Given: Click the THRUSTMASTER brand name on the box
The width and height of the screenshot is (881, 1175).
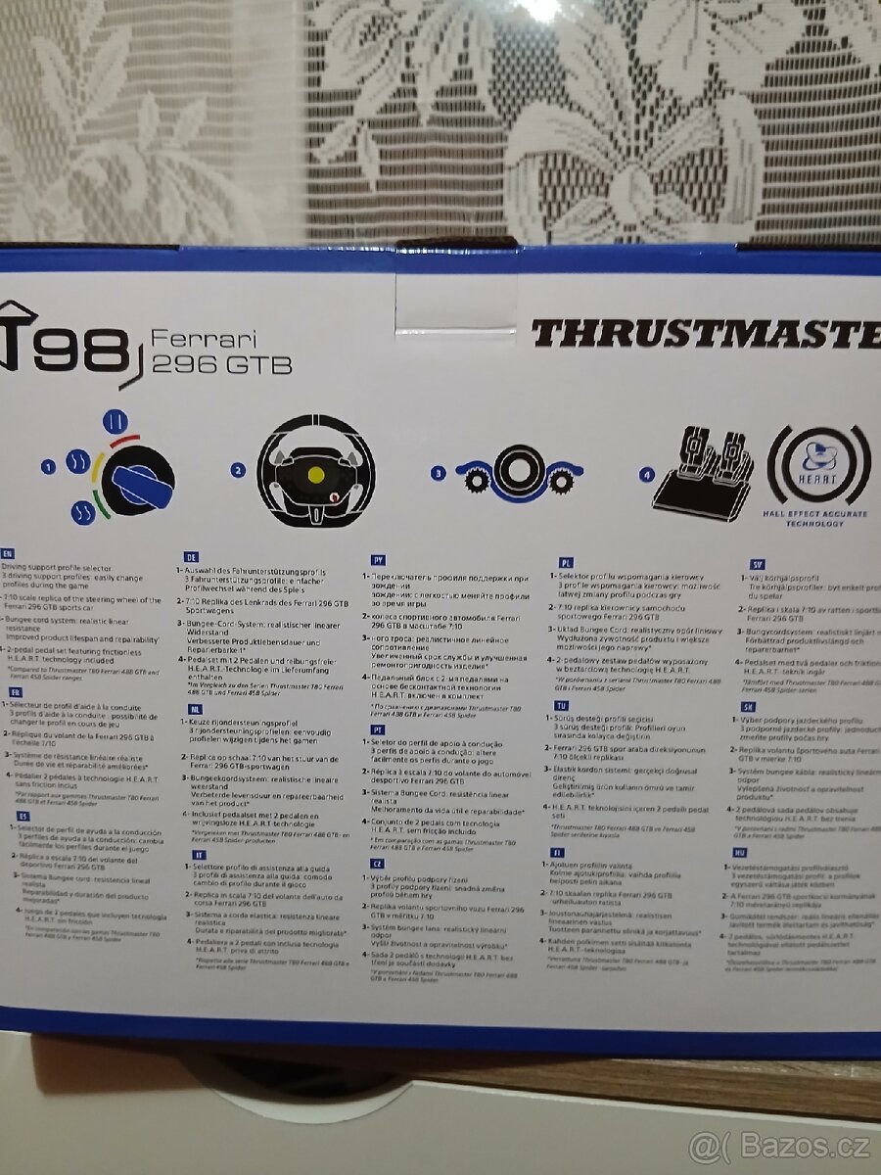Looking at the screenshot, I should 705,334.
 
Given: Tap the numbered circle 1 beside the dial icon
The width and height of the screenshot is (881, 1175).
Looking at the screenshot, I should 47,468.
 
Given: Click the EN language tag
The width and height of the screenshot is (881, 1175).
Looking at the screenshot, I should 9,553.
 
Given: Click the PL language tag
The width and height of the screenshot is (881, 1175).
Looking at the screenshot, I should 565,563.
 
